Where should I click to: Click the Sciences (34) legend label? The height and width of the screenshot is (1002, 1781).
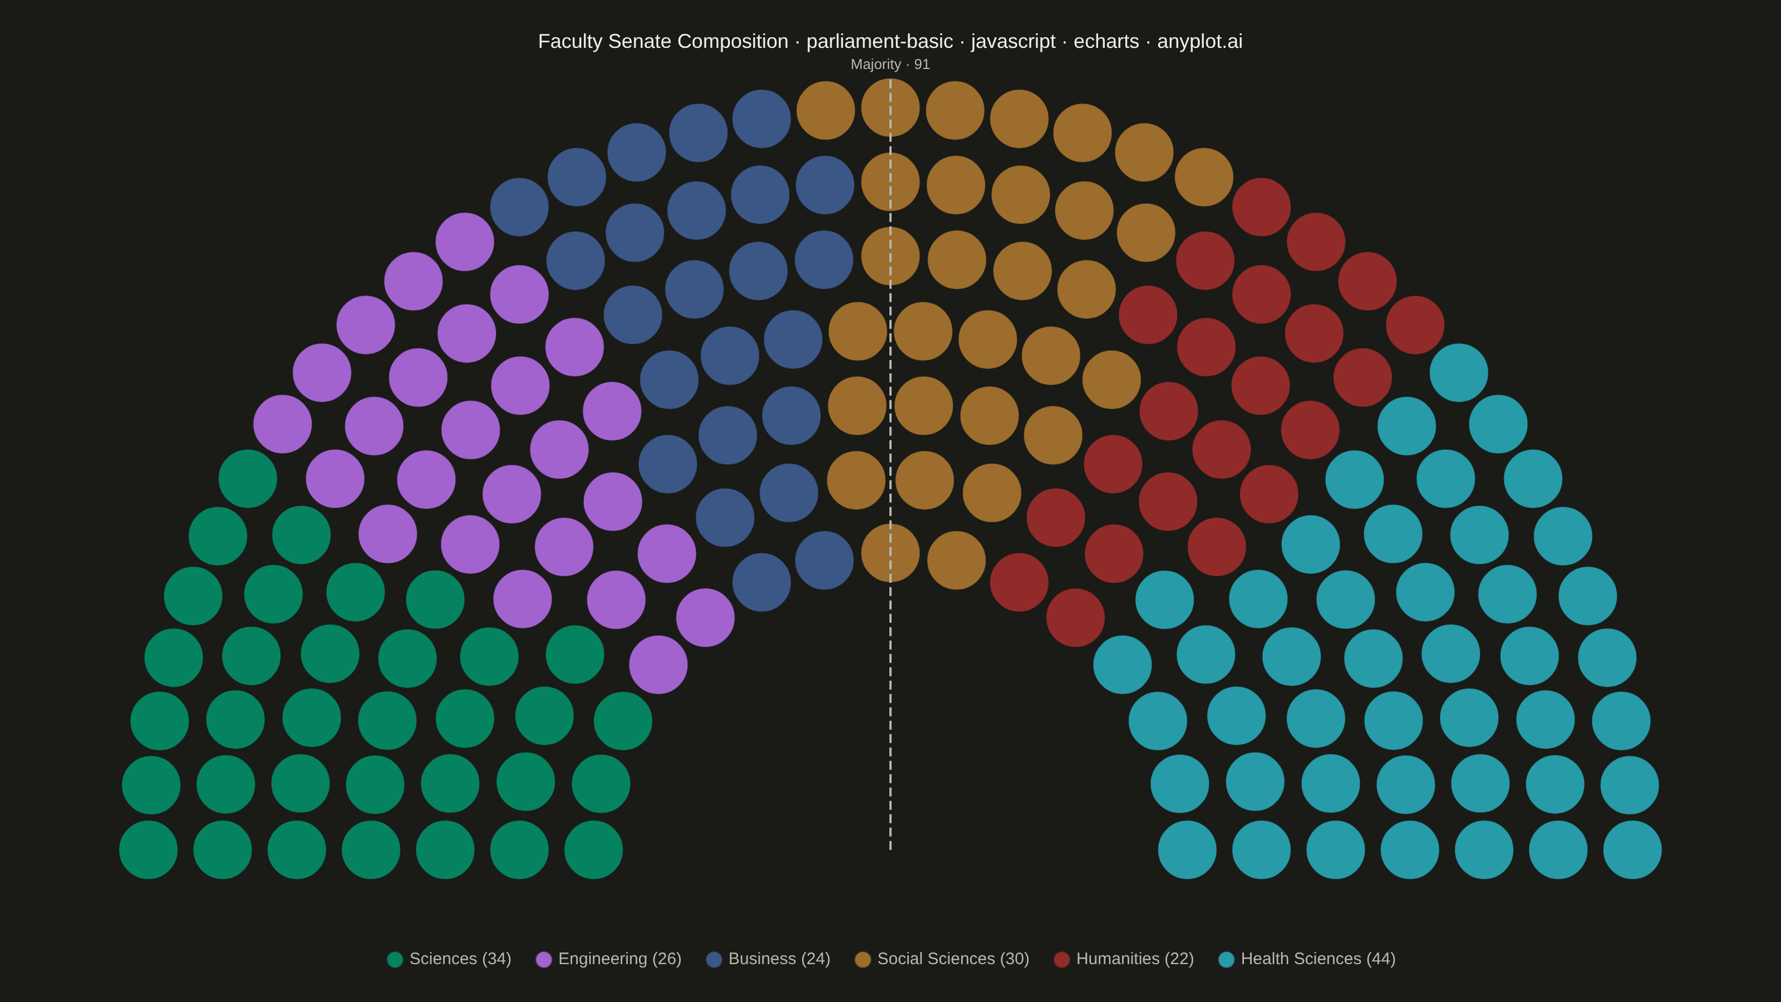point(460,959)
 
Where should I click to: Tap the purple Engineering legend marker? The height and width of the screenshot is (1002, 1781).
point(544,959)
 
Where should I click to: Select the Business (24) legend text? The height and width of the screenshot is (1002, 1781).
point(779,959)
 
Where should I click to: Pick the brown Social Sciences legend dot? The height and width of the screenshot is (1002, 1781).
point(863,959)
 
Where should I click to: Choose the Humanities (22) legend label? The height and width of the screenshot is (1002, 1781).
point(1135,959)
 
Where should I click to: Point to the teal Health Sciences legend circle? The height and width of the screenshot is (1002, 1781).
point(1227,959)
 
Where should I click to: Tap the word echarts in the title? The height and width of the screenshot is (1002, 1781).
point(1106,42)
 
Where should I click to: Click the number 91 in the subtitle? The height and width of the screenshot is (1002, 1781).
point(922,65)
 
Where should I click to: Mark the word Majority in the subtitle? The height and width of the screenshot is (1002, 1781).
point(875,65)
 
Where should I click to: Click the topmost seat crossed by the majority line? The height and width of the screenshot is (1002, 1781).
point(890,108)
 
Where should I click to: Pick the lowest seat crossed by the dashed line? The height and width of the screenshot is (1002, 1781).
point(890,553)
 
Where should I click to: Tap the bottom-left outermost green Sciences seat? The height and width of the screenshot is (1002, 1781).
point(148,850)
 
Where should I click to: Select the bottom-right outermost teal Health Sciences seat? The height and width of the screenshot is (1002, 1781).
point(1632,850)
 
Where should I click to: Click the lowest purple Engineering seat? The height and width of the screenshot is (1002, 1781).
point(658,665)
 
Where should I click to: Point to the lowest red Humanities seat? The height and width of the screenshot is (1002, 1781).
point(1075,617)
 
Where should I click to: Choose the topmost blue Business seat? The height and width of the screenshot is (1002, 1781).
point(761,119)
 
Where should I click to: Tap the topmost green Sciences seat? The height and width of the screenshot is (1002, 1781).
point(248,479)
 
